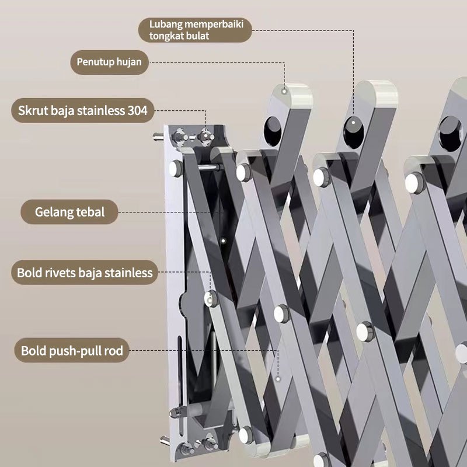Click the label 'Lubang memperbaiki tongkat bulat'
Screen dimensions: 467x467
pos(196,30)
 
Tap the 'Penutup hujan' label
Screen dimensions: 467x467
pos(109,61)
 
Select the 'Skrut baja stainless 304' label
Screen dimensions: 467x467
pos(82,110)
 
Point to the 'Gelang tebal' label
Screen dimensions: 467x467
pos(69,211)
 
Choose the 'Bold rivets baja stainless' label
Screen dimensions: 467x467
pos(85,272)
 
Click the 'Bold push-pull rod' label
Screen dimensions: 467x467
pos(72,351)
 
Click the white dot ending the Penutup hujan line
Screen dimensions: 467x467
pos(284,90)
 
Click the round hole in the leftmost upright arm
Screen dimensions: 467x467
pos(272,130)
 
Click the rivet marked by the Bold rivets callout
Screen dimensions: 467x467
pos(211,298)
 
